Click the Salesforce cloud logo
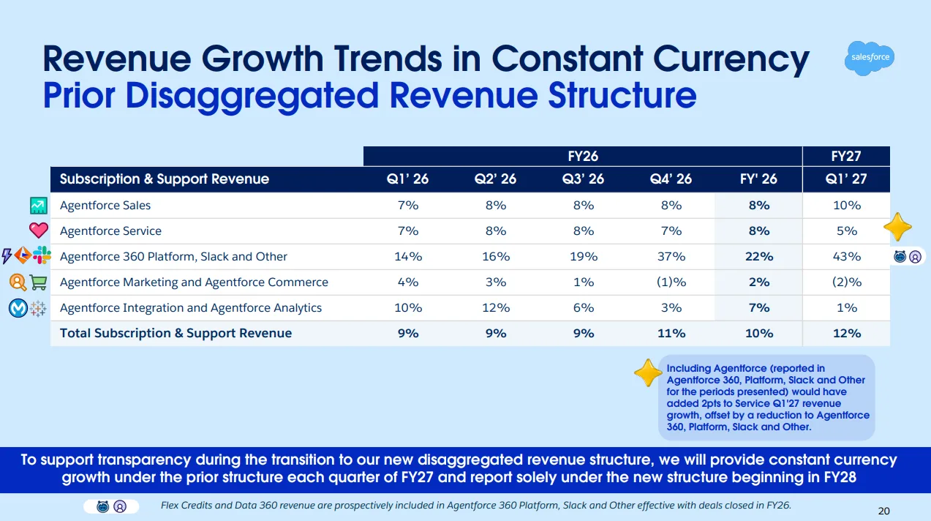click(x=870, y=58)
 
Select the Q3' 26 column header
click(x=583, y=179)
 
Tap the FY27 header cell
click(x=845, y=156)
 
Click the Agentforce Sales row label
click(x=105, y=206)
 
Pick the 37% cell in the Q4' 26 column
click(x=671, y=257)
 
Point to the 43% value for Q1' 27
click(x=847, y=257)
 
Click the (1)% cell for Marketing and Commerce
click(x=671, y=282)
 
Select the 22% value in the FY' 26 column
click(x=759, y=257)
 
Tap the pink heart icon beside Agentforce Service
click(x=39, y=230)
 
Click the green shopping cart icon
click(x=39, y=282)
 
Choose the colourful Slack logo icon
click(x=42, y=255)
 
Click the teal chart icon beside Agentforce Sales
click(x=39, y=206)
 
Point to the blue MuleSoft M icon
click(x=18, y=308)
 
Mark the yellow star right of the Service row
click(x=898, y=227)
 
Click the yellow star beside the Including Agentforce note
click(x=648, y=372)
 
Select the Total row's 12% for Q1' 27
click(x=847, y=334)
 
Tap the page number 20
click(x=884, y=511)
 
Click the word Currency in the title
click(x=731, y=60)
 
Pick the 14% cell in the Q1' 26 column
click(x=408, y=257)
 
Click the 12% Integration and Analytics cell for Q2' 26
click(x=496, y=307)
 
